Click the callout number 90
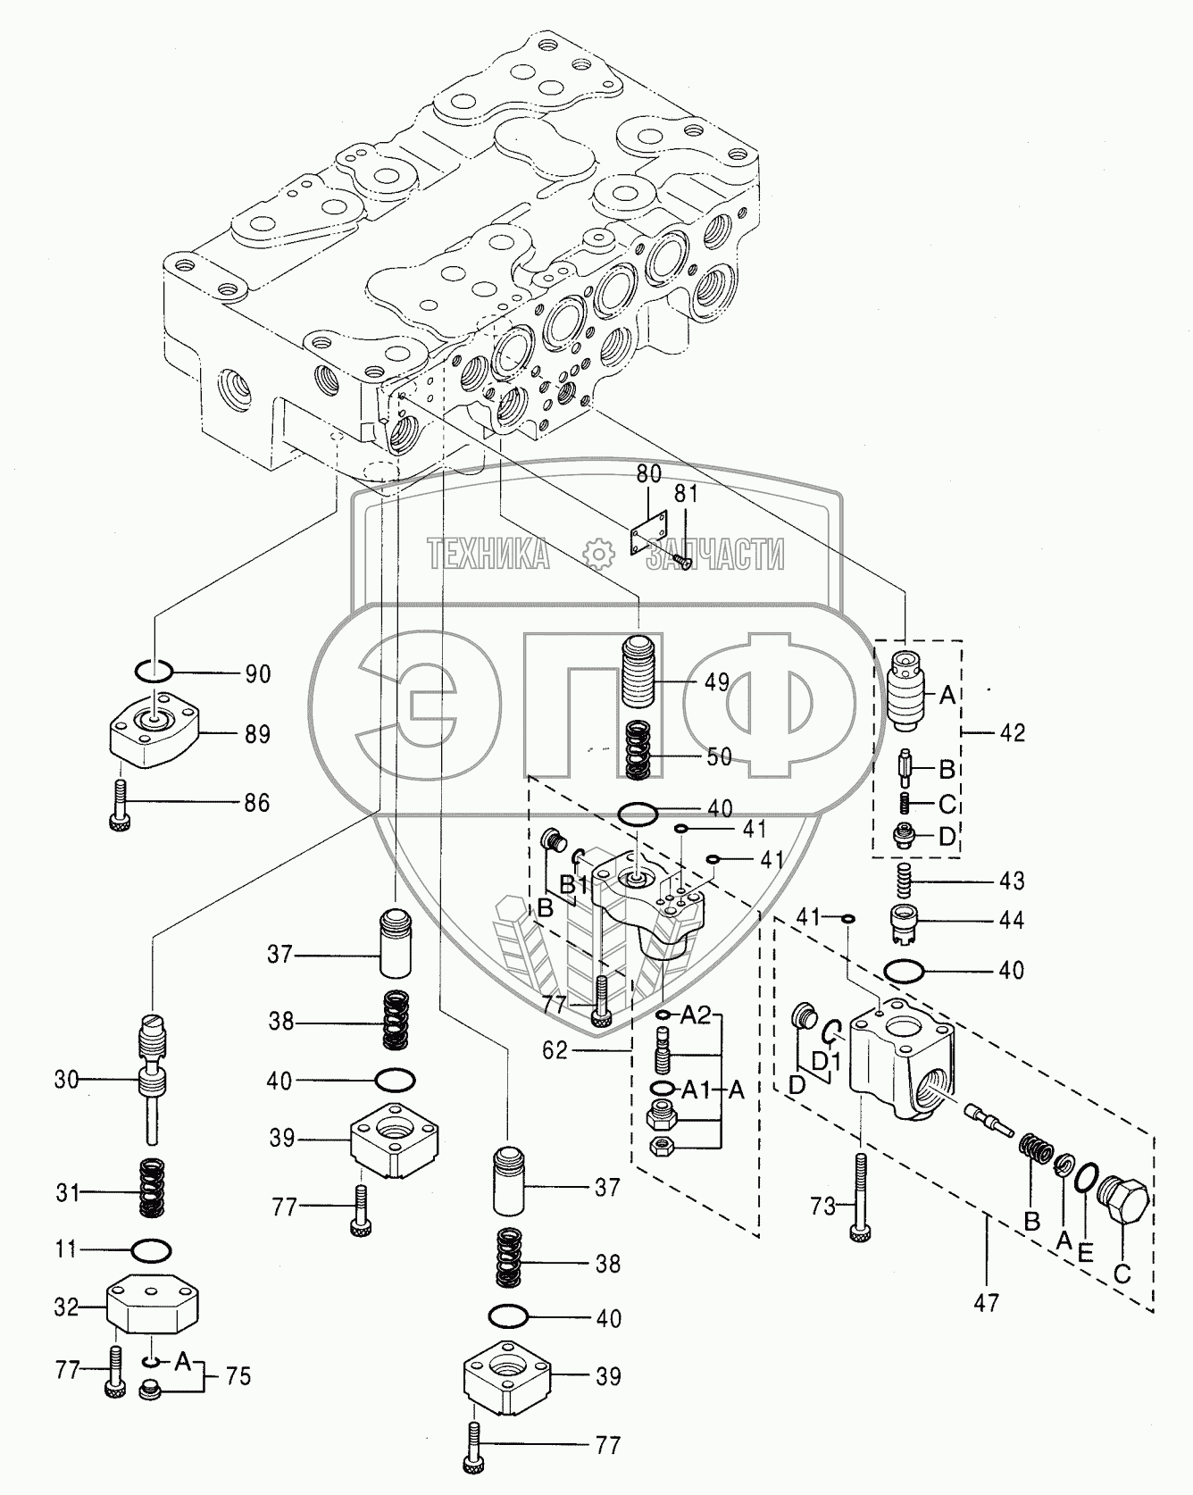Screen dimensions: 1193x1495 pos(258,673)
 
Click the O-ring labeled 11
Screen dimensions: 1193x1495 pos(151,1249)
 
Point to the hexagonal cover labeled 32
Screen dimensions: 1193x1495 pos(157,1307)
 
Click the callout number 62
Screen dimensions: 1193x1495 pos(555,1050)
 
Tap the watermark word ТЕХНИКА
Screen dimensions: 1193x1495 pos(488,554)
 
